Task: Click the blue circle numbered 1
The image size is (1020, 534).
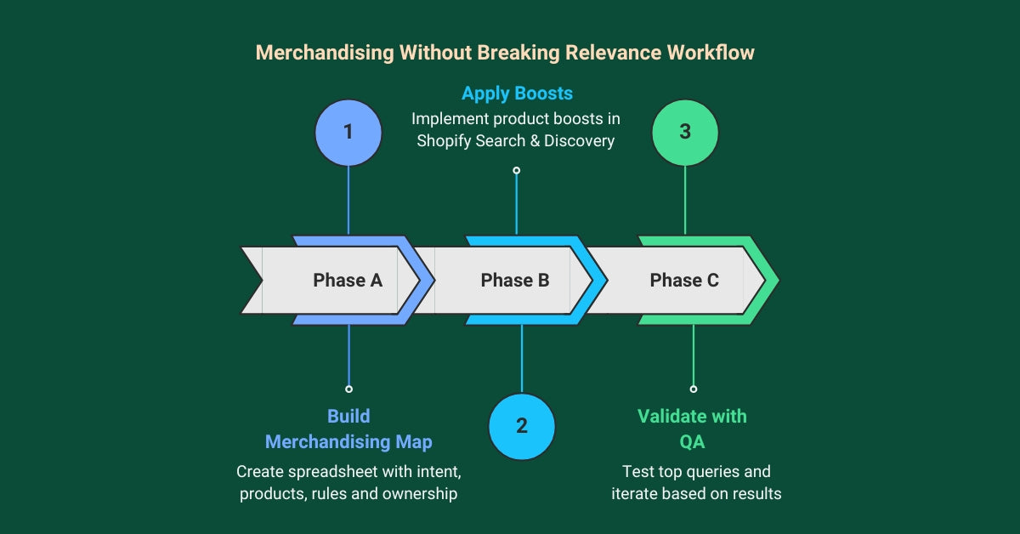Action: (x=348, y=133)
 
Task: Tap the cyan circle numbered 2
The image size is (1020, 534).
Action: (x=522, y=426)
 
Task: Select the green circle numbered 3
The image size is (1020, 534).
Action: (x=685, y=133)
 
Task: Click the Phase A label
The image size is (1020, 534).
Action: (x=348, y=281)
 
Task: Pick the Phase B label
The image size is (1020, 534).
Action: (x=515, y=281)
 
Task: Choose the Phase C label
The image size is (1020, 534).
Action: (x=684, y=281)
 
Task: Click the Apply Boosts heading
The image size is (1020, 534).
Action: (x=517, y=93)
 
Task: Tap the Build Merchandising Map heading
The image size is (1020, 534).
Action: (x=348, y=429)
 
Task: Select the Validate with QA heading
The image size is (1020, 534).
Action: (x=692, y=429)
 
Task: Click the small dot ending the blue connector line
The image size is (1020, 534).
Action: (x=348, y=389)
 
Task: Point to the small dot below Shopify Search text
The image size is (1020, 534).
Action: (x=516, y=170)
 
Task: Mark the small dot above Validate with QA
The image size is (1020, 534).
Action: (x=694, y=389)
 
